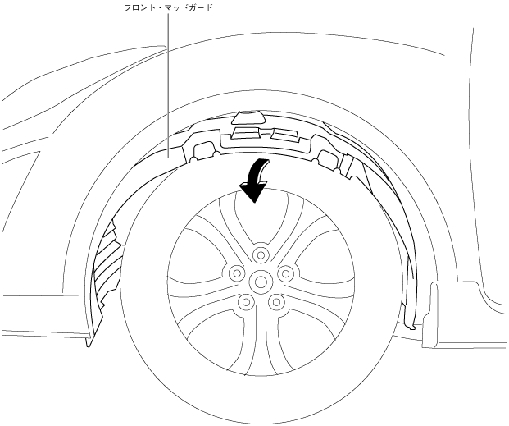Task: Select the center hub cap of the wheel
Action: click(261, 278)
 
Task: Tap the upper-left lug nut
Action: click(235, 271)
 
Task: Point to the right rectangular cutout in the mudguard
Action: click(329, 158)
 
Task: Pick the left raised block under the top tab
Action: click(244, 131)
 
